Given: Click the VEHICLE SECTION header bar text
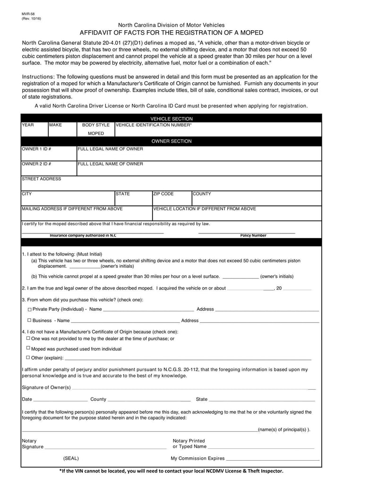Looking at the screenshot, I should (x=171, y=119).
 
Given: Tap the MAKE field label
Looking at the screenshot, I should (x=56, y=125).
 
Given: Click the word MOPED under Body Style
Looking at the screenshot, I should (x=95, y=134).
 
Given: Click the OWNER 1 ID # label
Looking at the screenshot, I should (x=36, y=149).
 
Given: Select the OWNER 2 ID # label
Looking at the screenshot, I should (x=36, y=164).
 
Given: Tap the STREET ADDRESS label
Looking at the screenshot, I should (x=42, y=179).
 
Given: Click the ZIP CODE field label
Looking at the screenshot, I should (x=163, y=194).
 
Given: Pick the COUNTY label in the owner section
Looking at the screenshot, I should (x=202, y=194).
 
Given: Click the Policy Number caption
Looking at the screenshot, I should (x=253, y=235).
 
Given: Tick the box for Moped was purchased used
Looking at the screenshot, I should (x=28, y=348).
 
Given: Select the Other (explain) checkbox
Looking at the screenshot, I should (x=28, y=358).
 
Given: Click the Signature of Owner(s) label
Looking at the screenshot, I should (x=46, y=388).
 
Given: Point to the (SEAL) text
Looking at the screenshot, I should (x=71, y=458).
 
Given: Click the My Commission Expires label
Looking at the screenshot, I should (x=198, y=458).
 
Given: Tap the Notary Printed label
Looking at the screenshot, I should (x=189, y=441).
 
